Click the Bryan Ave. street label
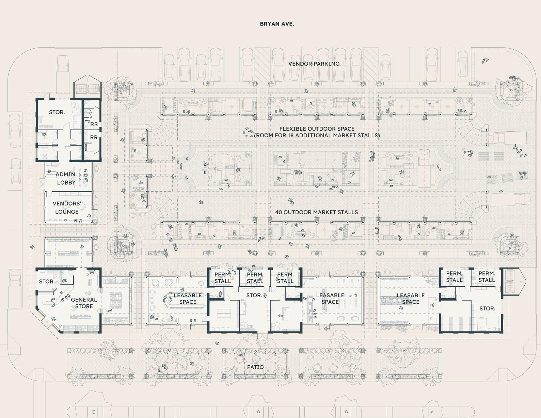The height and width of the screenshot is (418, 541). [277, 24]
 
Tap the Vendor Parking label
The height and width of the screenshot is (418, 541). [314, 64]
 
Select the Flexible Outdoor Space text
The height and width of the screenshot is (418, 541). [317, 129]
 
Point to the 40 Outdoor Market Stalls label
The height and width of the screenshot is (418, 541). [316, 212]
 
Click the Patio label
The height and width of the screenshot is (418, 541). [255, 367]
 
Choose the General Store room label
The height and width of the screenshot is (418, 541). [84, 303]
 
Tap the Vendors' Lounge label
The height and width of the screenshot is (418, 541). [67, 207]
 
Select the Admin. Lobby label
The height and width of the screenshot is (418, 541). [66, 178]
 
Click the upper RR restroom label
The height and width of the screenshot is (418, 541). [94, 124]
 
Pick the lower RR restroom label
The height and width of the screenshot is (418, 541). [94, 137]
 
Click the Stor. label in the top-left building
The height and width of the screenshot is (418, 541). [57, 112]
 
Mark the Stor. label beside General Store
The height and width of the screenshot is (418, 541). [47, 282]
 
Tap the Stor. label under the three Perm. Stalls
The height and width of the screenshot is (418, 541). [254, 296]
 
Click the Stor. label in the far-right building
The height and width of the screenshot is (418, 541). [487, 308]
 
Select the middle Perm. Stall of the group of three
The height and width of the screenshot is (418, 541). [255, 278]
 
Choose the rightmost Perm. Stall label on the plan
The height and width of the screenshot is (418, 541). [487, 277]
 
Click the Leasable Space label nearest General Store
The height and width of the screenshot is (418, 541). [188, 299]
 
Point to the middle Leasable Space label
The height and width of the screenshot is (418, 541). [330, 299]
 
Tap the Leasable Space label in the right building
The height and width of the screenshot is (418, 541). [411, 299]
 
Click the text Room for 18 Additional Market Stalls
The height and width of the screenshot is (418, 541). [317, 135]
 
